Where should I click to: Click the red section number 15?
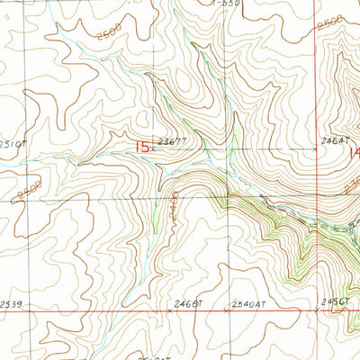141,146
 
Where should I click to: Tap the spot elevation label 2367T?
170,141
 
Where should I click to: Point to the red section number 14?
354,153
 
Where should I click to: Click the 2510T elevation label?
13,143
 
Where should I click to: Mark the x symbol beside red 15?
154,150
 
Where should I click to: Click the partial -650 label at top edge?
230,4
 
